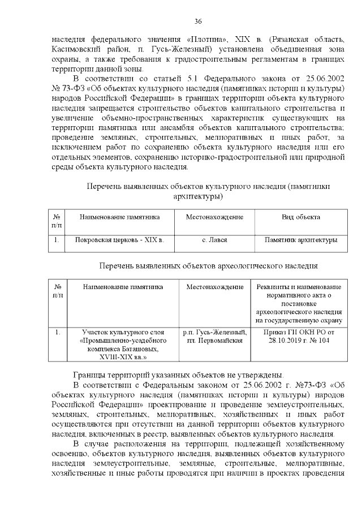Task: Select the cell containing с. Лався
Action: click(214, 240)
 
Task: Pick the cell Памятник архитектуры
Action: click(301, 240)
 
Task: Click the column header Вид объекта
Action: click(301, 217)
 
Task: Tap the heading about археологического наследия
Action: click(208, 265)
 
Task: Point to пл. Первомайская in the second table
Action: click(214, 341)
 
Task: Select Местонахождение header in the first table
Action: click(214, 217)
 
